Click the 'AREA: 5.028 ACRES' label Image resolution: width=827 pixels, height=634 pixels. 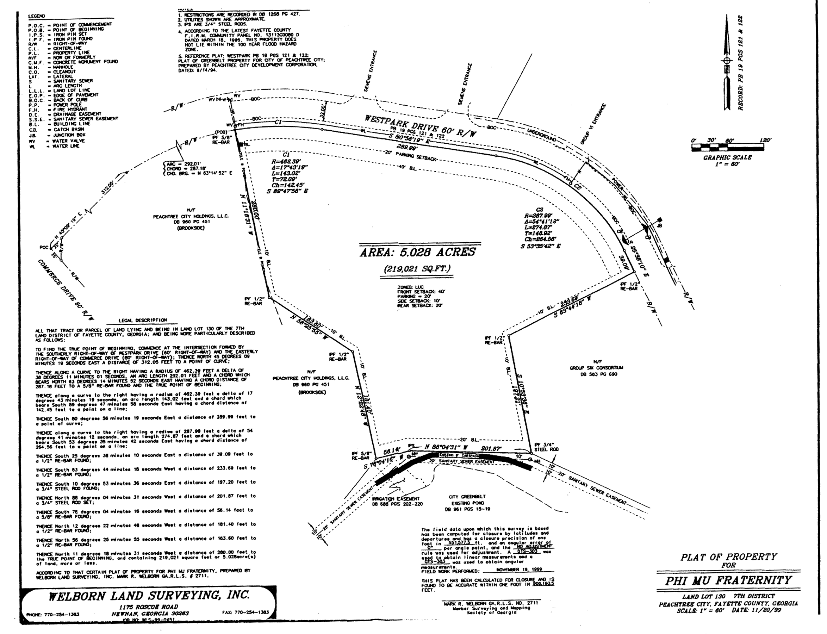click(418, 252)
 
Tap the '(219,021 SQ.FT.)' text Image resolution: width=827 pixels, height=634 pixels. click(417, 269)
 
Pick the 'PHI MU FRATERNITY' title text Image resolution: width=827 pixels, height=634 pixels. click(728, 580)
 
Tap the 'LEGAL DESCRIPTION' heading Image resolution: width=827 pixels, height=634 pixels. click(143, 320)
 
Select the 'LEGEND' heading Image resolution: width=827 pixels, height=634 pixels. click(37, 16)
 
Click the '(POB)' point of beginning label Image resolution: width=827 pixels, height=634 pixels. click(221, 132)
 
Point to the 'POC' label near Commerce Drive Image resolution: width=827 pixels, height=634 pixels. click(44, 248)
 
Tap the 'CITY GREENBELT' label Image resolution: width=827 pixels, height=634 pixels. click(467, 497)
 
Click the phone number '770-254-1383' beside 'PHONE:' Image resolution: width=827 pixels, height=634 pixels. click(62, 614)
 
